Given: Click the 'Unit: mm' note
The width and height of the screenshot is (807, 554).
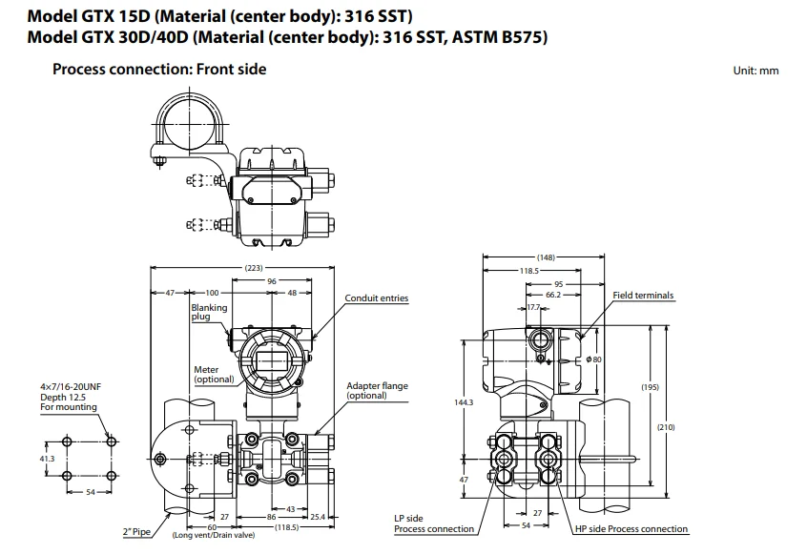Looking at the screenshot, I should pos(755,72).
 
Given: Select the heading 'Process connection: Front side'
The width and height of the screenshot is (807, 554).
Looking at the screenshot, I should pos(159,69).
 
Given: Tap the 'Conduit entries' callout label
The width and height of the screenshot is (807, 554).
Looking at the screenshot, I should pos(376,298).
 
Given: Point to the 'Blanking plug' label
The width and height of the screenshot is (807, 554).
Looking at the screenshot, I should pos(209,312).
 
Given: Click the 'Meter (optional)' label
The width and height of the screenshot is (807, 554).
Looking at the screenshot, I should pos(214,375).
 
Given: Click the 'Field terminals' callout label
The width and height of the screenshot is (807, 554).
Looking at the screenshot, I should pos(643,296).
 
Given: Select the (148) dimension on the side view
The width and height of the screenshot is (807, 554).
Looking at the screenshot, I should pos(546,256).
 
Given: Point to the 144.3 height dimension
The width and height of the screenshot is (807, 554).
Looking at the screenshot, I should pos(464,402).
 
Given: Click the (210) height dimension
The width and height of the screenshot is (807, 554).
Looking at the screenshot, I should pos(665,426).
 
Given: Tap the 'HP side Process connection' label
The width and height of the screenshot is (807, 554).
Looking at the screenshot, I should pos(631,529).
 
